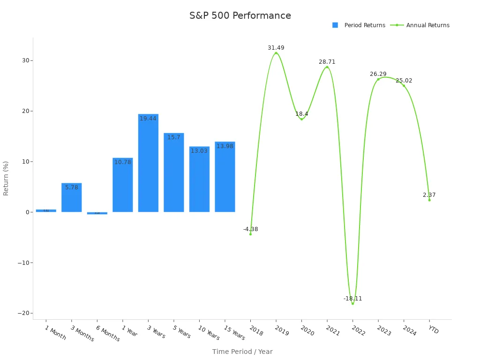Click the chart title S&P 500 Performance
coord(240,16)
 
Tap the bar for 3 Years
coord(148,163)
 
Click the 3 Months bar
coord(72,197)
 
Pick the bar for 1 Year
coord(123,185)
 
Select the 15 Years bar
coord(225,177)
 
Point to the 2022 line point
coord(352,304)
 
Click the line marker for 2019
coord(276,53)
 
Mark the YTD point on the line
coord(429,200)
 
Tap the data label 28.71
coord(327,62)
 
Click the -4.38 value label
coord(250,229)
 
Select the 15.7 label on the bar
coord(174,137)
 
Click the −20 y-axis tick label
coord(23,313)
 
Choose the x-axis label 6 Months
coord(108,333)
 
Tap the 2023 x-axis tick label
coord(383,331)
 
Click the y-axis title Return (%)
coord(6,178)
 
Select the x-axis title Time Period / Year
coord(242,352)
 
